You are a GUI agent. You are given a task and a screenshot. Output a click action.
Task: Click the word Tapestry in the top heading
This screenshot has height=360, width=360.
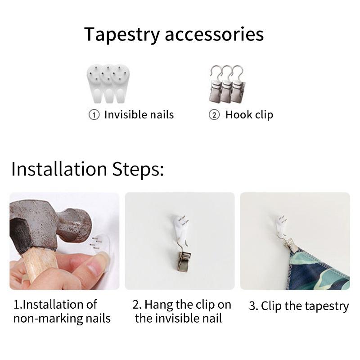coord(122,35)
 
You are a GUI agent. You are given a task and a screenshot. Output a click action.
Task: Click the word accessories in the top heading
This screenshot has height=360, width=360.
coord(214,35)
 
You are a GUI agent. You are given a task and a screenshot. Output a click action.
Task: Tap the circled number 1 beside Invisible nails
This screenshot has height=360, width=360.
coord(94,115)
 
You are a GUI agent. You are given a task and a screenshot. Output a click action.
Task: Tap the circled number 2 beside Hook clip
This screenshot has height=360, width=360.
coord(214,115)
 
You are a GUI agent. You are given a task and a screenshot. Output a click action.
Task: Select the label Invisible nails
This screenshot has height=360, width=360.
coord(139,115)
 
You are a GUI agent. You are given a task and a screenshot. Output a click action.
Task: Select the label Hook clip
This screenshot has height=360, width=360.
coord(249,115)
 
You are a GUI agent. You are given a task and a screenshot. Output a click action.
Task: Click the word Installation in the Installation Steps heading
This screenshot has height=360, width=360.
coord(59,169)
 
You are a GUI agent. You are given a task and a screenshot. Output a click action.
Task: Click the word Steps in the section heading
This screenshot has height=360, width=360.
coord(138,170)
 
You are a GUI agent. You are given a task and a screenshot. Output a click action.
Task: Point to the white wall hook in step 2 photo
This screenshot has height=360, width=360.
coord(180,227)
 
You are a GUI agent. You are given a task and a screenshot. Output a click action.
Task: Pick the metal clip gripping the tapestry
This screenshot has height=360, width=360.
coord(290,243)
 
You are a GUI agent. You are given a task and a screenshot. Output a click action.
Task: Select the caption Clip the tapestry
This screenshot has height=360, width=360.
coord(299,306)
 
